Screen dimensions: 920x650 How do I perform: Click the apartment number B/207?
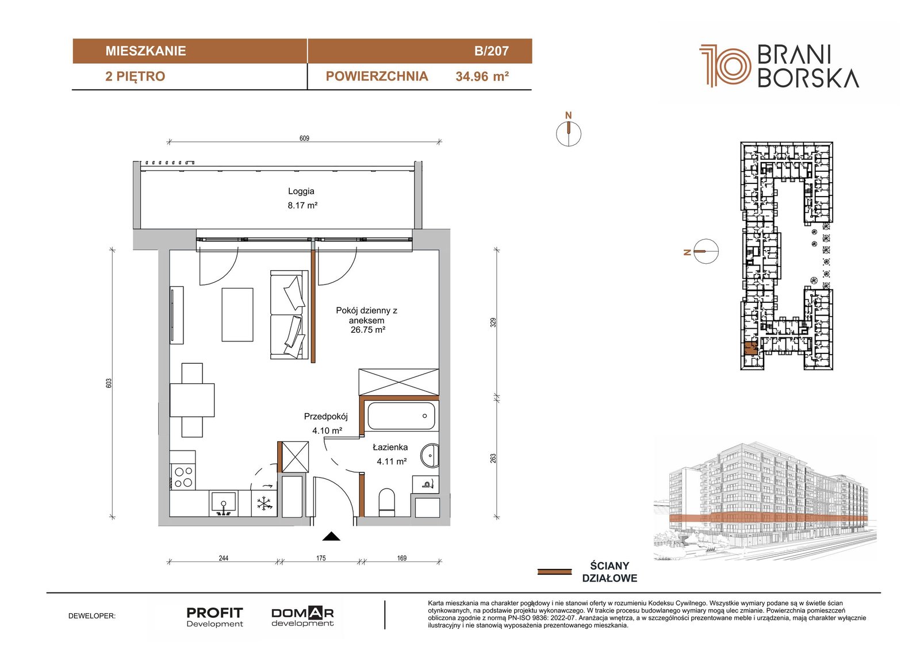pos(491,51)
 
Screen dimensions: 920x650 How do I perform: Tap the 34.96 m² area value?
pos(482,76)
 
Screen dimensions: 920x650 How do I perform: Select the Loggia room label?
pos(301,191)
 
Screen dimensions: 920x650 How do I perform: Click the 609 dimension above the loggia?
pos(304,139)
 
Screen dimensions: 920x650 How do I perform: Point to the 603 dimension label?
pos(109,383)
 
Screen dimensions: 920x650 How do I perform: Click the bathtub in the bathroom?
pos(401,416)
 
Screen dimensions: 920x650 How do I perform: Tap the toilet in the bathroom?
pos(387,502)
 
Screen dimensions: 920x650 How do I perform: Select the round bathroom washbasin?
pos(430,455)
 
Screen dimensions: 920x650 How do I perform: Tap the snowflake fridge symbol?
pos(264,504)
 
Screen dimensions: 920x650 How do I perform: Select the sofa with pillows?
pos(289,314)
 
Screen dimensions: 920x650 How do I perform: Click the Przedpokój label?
pos(325,416)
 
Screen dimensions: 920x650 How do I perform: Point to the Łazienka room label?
pos(390,447)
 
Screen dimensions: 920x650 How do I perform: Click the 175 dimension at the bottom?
pos(321,558)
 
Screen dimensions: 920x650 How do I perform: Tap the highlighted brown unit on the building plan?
pos(750,349)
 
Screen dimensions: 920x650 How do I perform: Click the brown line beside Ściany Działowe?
pos(554,572)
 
